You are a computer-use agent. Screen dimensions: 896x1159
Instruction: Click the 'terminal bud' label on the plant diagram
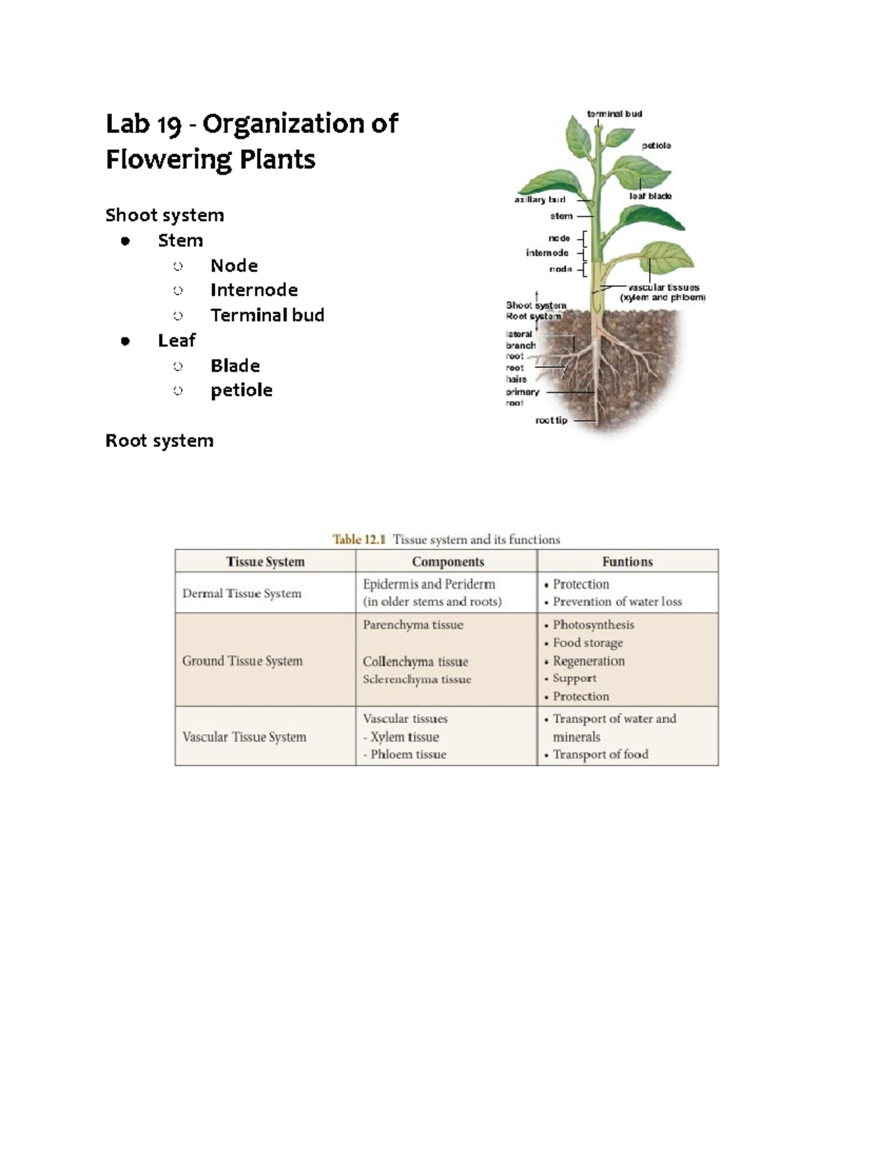click(614, 114)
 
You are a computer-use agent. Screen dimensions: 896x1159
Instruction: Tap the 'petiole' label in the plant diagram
click(656, 146)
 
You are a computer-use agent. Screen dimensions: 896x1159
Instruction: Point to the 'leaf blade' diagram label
click(650, 196)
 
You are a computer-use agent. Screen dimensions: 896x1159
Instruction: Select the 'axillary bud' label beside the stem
click(539, 199)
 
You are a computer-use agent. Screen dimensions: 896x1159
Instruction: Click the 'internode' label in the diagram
click(547, 253)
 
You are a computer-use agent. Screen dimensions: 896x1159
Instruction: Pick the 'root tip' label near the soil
click(551, 421)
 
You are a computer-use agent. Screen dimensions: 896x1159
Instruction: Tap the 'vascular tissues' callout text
click(663, 287)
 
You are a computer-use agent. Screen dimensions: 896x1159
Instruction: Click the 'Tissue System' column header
click(265, 562)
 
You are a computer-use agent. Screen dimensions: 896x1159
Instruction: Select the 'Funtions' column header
click(627, 562)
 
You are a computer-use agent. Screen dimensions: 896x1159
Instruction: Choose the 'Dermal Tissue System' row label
click(242, 593)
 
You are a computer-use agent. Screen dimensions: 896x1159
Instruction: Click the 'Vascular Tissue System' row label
click(244, 737)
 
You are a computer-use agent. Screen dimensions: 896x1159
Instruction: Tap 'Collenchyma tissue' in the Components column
click(415, 662)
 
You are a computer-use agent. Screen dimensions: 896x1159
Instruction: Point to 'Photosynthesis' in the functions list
click(593, 625)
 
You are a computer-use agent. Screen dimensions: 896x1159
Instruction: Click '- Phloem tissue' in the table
click(405, 755)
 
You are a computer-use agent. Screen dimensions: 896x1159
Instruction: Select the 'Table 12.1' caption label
click(358, 540)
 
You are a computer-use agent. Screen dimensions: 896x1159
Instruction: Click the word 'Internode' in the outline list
click(254, 290)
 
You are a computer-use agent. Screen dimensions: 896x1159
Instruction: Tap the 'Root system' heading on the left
click(159, 441)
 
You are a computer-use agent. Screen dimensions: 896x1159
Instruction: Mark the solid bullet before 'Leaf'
click(125, 341)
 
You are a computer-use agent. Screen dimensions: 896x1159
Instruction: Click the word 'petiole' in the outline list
click(241, 390)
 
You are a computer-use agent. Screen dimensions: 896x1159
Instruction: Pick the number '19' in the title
click(169, 125)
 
